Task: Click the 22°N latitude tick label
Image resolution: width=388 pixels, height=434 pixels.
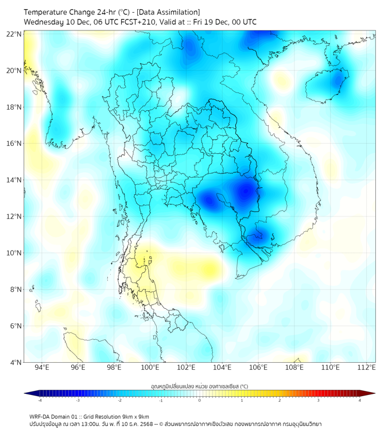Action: click(14, 34)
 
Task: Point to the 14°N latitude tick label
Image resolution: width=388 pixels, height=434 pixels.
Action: click(14, 180)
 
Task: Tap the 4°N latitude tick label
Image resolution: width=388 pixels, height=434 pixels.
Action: click(16, 362)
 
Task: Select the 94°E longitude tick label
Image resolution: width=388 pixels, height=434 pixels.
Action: click(42, 368)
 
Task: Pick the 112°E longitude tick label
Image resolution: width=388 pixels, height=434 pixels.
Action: click(367, 368)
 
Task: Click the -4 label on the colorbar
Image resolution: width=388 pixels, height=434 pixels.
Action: click(39, 401)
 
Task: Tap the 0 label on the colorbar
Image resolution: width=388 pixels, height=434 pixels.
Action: click(200, 401)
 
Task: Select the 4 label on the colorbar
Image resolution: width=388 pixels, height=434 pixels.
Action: click(360, 401)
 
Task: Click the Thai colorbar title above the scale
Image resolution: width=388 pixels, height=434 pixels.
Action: click(199, 386)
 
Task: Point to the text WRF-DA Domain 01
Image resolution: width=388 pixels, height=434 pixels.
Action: click(56, 416)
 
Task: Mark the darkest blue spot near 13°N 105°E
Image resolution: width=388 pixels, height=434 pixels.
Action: click(247, 191)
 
